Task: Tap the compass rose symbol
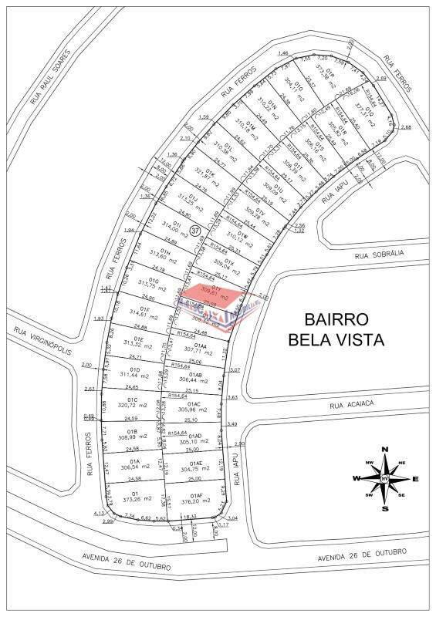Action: click(x=385, y=479)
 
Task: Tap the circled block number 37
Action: click(x=194, y=230)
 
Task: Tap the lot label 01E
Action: click(x=140, y=338)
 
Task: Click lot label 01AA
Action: click(x=201, y=345)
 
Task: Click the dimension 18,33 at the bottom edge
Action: click(x=190, y=518)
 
